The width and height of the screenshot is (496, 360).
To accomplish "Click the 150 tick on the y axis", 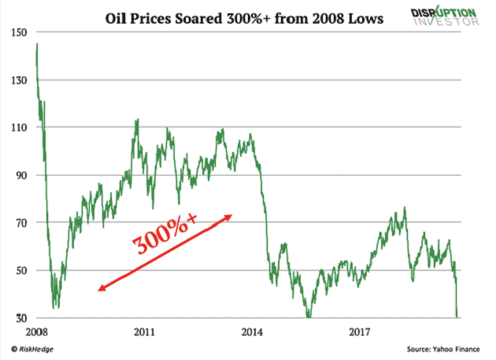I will pos(18,32).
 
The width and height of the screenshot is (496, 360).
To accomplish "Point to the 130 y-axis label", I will pos(18,80).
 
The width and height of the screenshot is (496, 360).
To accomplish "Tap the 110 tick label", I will pos(18,128).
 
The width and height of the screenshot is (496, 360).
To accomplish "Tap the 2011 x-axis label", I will pos(143,332).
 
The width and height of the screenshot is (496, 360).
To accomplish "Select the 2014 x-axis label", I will pos(252,332).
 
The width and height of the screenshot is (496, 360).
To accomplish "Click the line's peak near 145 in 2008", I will pos(37,44).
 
